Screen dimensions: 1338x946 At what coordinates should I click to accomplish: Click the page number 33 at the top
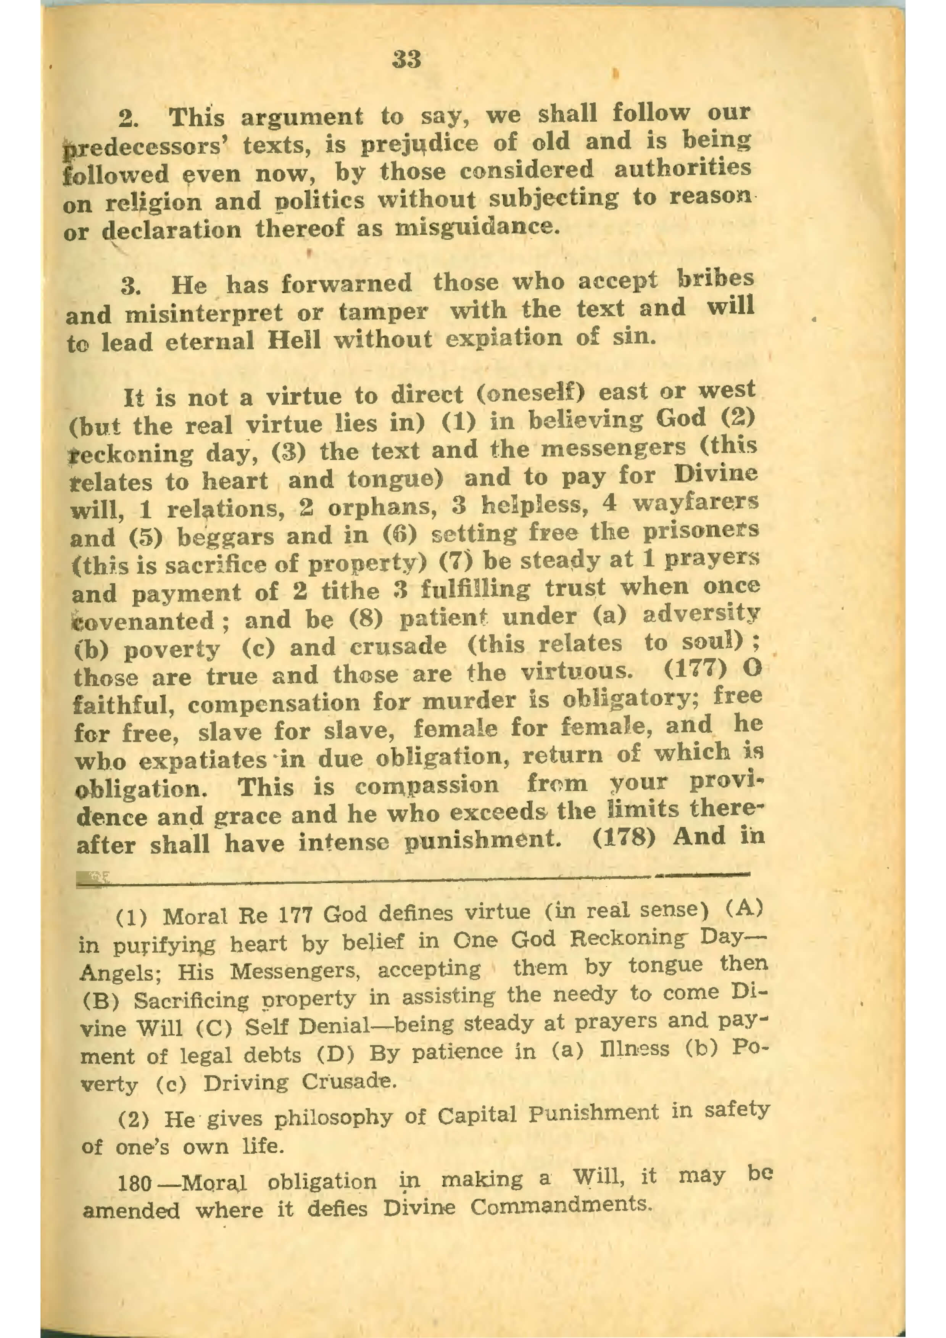(x=407, y=60)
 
